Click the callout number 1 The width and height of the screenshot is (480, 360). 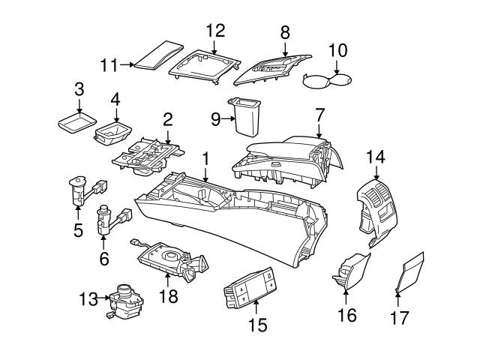point(205,158)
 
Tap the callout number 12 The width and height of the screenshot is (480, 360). point(215,31)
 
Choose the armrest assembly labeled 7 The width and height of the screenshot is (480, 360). point(289,156)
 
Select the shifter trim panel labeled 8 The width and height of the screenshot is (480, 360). point(274,67)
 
